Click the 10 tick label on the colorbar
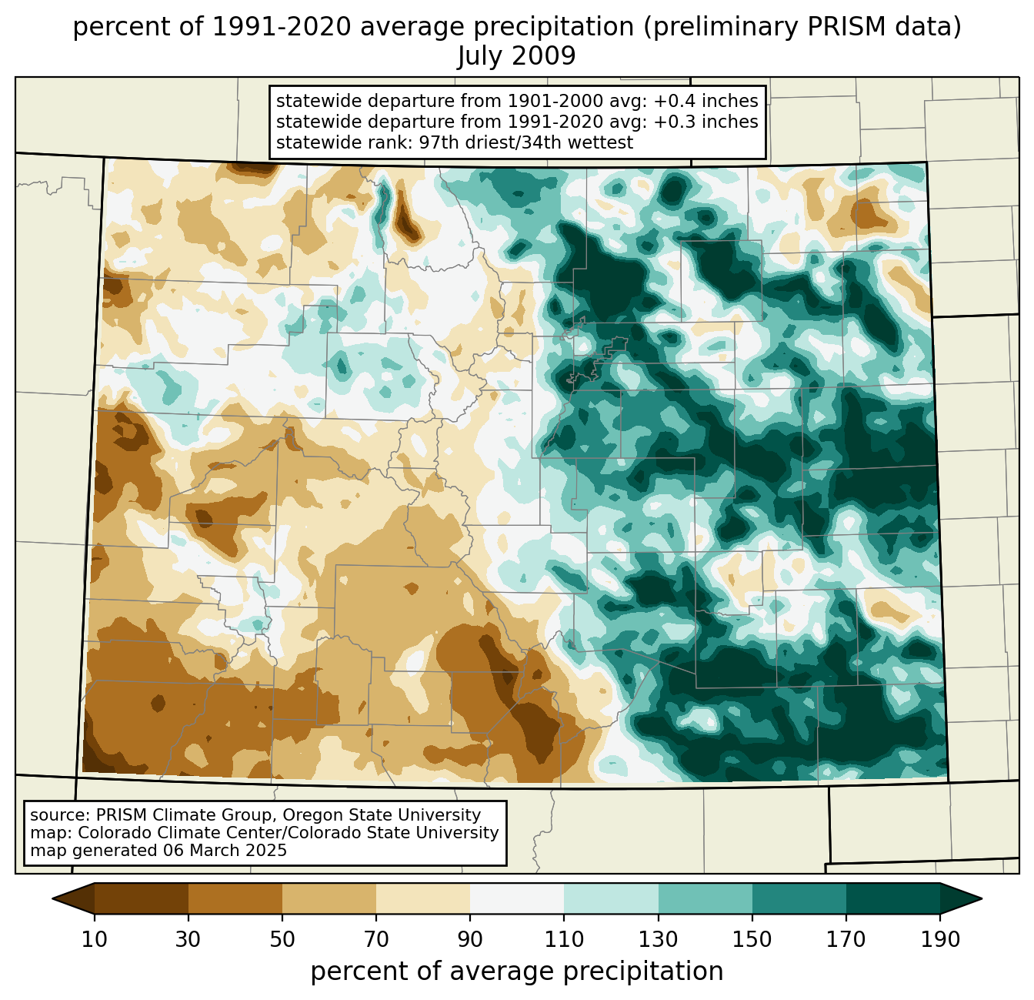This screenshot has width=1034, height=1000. click(x=95, y=940)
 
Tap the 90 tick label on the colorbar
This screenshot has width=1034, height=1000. click(x=470, y=940)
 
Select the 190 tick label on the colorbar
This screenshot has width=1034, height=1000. click(x=940, y=940)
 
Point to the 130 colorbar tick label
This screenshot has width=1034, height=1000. click(x=659, y=940)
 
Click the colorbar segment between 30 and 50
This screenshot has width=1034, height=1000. click(x=235, y=898)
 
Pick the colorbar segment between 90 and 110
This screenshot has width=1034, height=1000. click(x=517, y=898)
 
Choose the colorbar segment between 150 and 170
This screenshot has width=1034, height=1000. click(x=799, y=898)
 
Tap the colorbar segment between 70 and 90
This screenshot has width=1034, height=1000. click(x=423, y=898)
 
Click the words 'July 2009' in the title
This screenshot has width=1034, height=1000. click(x=516, y=56)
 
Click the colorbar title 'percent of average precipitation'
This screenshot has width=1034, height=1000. click(x=517, y=972)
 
